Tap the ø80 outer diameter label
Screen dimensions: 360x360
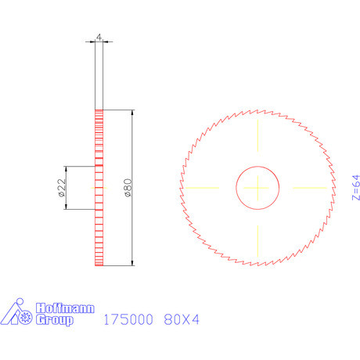pyautogui.click(x=127, y=189)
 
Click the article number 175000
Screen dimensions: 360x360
pyautogui.click(x=129, y=319)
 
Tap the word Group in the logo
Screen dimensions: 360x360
pyautogui.click(x=55, y=320)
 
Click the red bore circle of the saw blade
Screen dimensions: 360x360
pyautogui.click(x=236, y=188)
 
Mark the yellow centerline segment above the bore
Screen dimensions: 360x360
pyautogui.click(x=257, y=139)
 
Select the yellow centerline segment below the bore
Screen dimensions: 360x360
pyautogui.click(x=257, y=236)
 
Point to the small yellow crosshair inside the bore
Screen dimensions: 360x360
pyautogui.click(x=257, y=188)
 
